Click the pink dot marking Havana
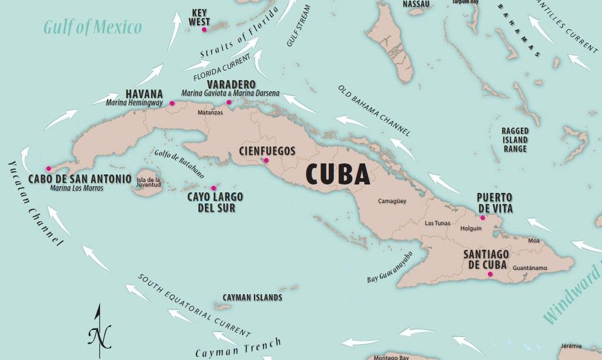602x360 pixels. [172, 104]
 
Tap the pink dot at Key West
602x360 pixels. [204, 29]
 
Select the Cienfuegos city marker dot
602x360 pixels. [266, 160]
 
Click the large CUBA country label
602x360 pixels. [337, 175]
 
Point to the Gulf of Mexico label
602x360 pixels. [93, 27]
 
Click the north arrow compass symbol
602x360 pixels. [99, 332]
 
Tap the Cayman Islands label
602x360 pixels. [252, 298]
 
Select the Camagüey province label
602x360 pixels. [392, 201]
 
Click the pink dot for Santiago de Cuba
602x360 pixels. [489, 274]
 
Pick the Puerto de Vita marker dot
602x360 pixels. [483, 218]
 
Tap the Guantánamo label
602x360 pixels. [530, 268]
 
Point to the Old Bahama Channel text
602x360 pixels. [374, 110]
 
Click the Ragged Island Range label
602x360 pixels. [514, 140]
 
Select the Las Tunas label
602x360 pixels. [437, 223]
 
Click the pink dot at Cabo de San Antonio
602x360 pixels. [49, 169]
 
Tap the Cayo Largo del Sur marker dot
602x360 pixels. [213, 188]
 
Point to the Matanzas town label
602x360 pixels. [210, 112]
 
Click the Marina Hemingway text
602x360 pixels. [134, 103]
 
